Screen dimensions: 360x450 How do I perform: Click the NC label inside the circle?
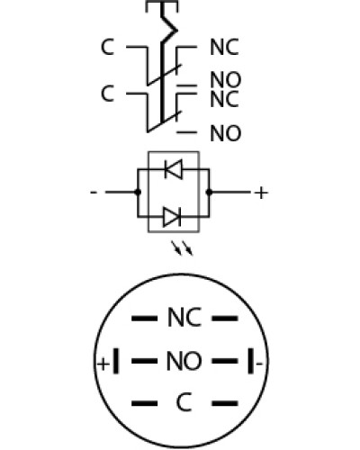pyautogui.click(x=184, y=318)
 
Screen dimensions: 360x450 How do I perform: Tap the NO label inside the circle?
pyautogui.click(x=184, y=361)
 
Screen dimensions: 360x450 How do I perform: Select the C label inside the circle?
pyautogui.click(x=184, y=402)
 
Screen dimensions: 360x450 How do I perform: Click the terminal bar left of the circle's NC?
pyautogui.click(x=144, y=319)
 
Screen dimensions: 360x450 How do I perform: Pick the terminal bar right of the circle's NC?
pyautogui.click(x=225, y=319)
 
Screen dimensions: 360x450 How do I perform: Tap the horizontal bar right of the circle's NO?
pyautogui.click(x=225, y=361)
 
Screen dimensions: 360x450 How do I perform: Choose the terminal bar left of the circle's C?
pyautogui.click(x=144, y=403)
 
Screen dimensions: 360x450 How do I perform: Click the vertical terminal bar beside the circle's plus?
pyautogui.click(x=116, y=361)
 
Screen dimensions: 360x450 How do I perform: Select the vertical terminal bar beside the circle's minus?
pyautogui.click(x=250, y=361)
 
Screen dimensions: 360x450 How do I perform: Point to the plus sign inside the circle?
pyautogui.click(x=103, y=364)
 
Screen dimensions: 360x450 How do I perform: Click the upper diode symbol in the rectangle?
pyautogui.click(x=174, y=169)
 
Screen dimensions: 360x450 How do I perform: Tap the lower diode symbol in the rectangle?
pyautogui.click(x=172, y=217)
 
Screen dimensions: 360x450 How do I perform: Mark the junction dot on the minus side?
pyautogui.click(x=138, y=192)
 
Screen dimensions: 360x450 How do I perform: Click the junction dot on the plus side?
pyautogui.click(x=209, y=192)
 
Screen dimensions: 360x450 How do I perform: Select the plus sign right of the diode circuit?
pyautogui.click(x=261, y=193)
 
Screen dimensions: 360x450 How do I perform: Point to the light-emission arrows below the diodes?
pyautogui.click(x=182, y=248)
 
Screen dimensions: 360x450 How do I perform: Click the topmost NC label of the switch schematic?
pyautogui.click(x=224, y=47)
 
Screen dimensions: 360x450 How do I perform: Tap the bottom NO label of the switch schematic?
pyautogui.click(x=226, y=133)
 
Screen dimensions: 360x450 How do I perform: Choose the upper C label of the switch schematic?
pyautogui.click(x=107, y=47)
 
